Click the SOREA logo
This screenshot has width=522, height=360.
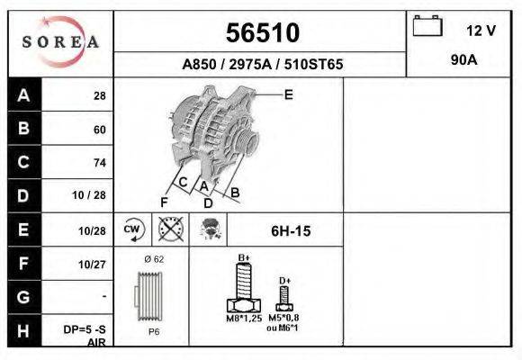click(x=60, y=43)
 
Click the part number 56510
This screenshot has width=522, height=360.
click(x=261, y=33)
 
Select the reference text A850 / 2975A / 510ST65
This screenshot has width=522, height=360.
click(x=262, y=65)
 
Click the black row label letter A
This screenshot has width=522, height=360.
click(x=24, y=96)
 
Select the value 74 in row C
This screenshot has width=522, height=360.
click(x=99, y=163)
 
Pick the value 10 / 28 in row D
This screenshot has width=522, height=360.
click(x=93, y=195)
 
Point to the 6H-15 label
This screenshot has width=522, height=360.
click(x=291, y=231)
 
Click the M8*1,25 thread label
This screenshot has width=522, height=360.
click(x=243, y=318)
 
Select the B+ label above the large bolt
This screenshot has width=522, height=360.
click(x=243, y=257)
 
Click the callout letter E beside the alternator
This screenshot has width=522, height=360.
click(x=288, y=94)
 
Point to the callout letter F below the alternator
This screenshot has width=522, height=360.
click(x=165, y=202)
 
